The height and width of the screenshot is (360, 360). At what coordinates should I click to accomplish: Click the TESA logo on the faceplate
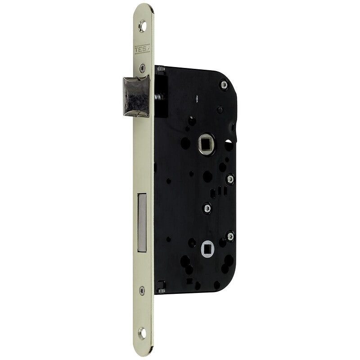[142, 49]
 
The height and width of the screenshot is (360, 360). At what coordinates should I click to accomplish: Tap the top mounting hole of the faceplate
[142, 26]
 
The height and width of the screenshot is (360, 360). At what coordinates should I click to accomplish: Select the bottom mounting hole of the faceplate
[142, 333]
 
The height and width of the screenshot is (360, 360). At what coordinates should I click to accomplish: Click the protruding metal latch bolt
[136, 96]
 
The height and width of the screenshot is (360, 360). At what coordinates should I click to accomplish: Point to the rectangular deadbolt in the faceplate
[142, 223]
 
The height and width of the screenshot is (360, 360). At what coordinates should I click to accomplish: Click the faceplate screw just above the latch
[143, 68]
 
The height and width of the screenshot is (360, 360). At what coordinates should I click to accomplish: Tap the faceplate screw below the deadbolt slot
[142, 291]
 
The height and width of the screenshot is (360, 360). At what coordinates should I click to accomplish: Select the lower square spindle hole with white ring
[208, 249]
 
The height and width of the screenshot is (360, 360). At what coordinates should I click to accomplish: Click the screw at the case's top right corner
[224, 85]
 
